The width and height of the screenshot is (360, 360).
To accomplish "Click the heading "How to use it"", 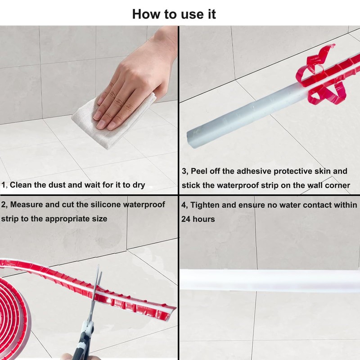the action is [174, 14].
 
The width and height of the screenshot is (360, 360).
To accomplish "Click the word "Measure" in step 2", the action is [27, 204].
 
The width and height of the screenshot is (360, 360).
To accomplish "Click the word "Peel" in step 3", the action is [199, 171].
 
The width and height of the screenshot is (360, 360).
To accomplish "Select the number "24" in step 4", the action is [186, 219].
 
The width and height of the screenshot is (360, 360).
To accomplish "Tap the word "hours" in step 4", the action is [204, 219].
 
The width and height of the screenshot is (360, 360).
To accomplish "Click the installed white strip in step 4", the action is [270, 280].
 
